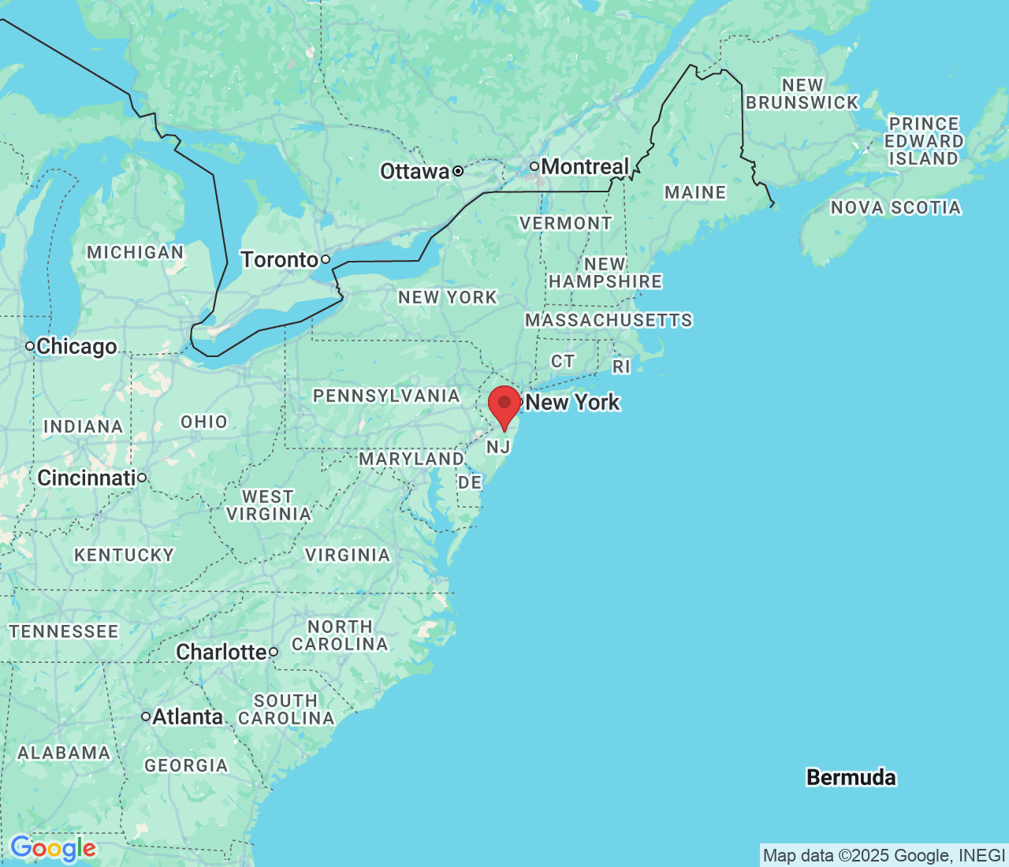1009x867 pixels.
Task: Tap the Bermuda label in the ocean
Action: (x=851, y=778)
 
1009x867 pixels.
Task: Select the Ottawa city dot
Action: (x=457, y=171)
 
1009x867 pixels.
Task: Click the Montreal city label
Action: (x=585, y=167)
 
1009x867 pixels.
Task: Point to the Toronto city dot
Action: (x=325, y=259)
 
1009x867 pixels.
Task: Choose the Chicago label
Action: (x=76, y=347)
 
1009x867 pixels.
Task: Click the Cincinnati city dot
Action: (x=142, y=478)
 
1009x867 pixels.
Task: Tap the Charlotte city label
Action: (x=222, y=653)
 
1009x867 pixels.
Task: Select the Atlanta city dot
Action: (x=146, y=716)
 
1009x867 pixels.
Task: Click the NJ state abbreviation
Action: (x=498, y=448)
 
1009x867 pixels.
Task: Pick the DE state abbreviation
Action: (x=470, y=482)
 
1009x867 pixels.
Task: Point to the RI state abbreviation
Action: (x=621, y=367)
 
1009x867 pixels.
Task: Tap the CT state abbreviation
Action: (x=563, y=362)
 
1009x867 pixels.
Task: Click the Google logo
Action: (x=53, y=849)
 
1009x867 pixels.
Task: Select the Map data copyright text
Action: (x=884, y=856)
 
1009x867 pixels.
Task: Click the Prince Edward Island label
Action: (x=923, y=141)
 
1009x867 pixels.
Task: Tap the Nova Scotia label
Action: (x=895, y=208)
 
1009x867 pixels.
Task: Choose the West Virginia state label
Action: (x=268, y=505)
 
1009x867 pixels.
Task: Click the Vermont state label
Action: (x=565, y=224)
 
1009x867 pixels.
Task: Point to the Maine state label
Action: (x=694, y=193)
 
